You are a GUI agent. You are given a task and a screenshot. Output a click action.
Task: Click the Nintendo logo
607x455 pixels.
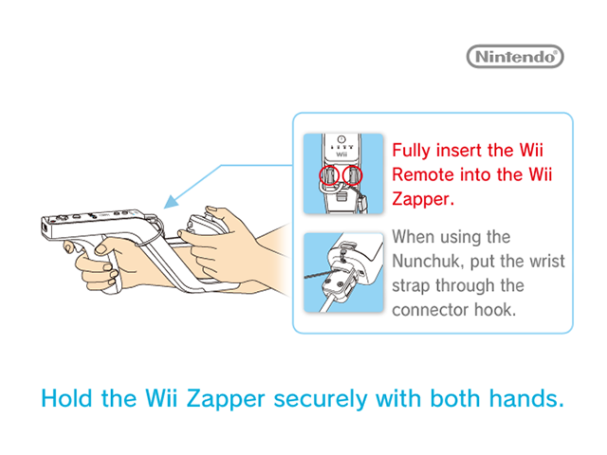(x=515, y=57)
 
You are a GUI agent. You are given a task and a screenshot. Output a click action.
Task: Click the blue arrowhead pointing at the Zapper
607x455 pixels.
(x=171, y=202)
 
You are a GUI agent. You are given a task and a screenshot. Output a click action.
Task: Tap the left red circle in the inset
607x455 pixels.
(x=329, y=175)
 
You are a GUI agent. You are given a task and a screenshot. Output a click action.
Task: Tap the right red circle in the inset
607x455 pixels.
(x=352, y=175)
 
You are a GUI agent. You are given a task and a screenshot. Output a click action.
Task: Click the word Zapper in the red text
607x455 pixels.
(x=423, y=199)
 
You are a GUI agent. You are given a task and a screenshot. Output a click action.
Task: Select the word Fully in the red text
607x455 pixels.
(x=411, y=151)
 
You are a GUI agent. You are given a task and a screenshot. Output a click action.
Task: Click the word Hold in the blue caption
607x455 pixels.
(x=66, y=398)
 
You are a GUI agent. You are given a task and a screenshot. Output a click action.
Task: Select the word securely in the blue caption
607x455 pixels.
(x=321, y=400)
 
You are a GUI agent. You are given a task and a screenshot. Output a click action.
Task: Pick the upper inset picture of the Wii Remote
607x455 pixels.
(x=343, y=173)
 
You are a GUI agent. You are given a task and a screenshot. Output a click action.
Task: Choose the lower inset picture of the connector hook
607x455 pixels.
(x=343, y=272)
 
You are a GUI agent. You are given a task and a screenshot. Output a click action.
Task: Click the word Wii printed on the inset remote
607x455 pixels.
(x=341, y=155)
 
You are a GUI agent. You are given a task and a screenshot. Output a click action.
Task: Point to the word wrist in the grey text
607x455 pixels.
(x=547, y=262)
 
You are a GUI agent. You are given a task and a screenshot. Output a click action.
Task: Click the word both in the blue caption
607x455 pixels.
(x=455, y=398)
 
